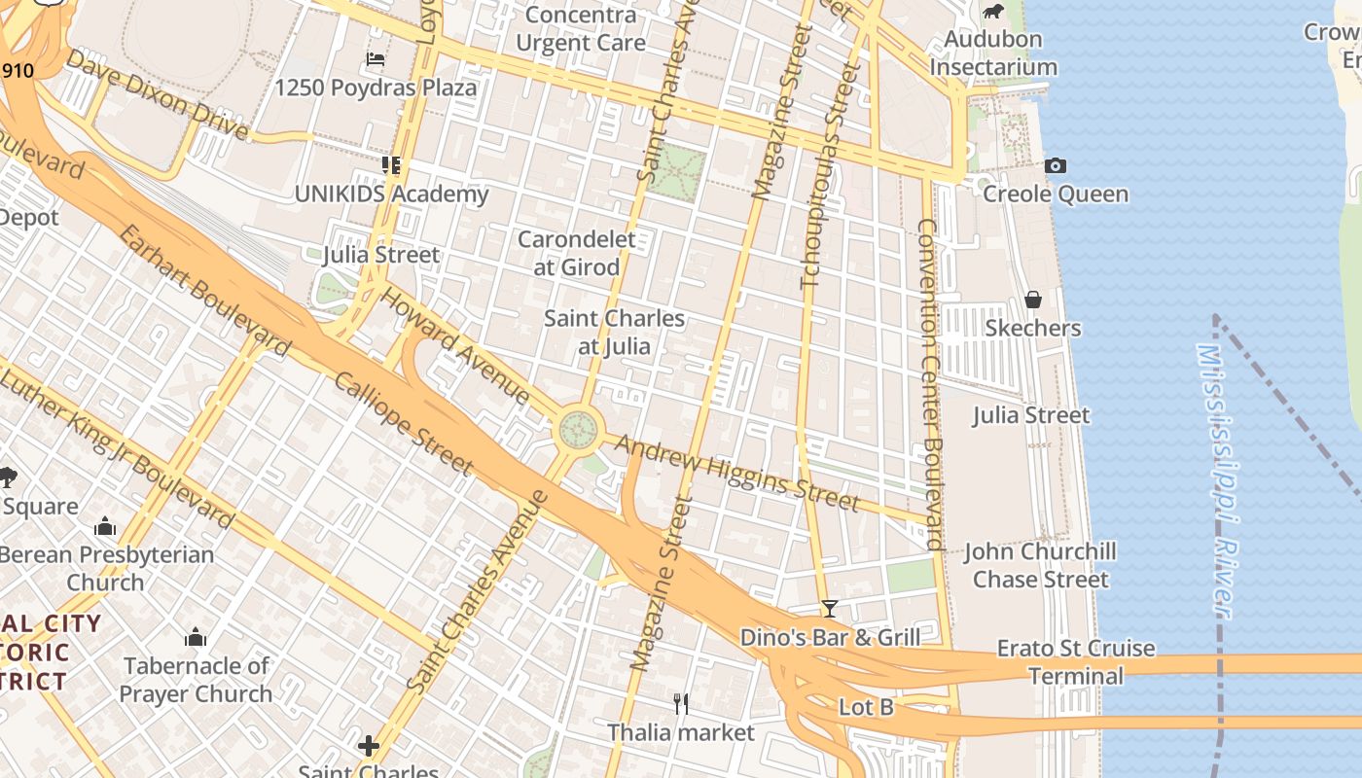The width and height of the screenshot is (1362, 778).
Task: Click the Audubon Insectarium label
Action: [992, 53]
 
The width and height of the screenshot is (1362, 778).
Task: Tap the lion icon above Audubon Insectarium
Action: [992, 12]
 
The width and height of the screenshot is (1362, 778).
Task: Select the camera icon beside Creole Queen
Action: [1056, 166]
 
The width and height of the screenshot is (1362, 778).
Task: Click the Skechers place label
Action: [1032, 329]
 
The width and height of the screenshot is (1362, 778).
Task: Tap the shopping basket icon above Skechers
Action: [1032, 300]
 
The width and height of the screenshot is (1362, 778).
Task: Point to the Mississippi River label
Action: [1216, 481]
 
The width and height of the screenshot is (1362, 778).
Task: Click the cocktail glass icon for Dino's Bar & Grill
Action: [829, 609]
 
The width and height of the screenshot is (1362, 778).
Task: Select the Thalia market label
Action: [681, 732]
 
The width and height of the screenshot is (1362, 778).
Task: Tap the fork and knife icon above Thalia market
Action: [681, 702]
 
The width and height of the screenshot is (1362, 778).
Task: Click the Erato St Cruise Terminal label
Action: [1076, 661]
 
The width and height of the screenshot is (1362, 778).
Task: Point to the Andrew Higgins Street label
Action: [737, 474]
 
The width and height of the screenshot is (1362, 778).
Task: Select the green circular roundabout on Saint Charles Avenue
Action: [578, 429]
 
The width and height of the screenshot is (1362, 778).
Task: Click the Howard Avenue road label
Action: [454, 345]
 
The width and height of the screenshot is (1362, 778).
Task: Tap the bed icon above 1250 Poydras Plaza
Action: [376, 60]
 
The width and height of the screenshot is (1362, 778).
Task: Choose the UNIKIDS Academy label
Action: [391, 194]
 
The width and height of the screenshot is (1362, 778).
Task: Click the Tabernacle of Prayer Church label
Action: [197, 680]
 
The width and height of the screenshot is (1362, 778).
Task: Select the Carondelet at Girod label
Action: [576, 253]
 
